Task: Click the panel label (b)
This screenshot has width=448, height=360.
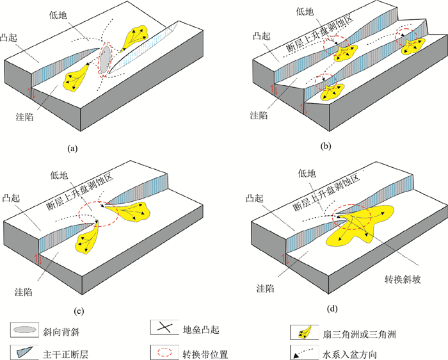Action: (326, 146)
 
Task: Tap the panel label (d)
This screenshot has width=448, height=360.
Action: (332, 309)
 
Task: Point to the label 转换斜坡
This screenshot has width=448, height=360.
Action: (401, 281)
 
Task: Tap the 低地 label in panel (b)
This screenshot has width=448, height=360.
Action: (305, 11)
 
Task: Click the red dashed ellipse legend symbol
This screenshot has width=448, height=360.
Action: (165, 351)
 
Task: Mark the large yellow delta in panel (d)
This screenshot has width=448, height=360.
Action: (358, 225)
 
